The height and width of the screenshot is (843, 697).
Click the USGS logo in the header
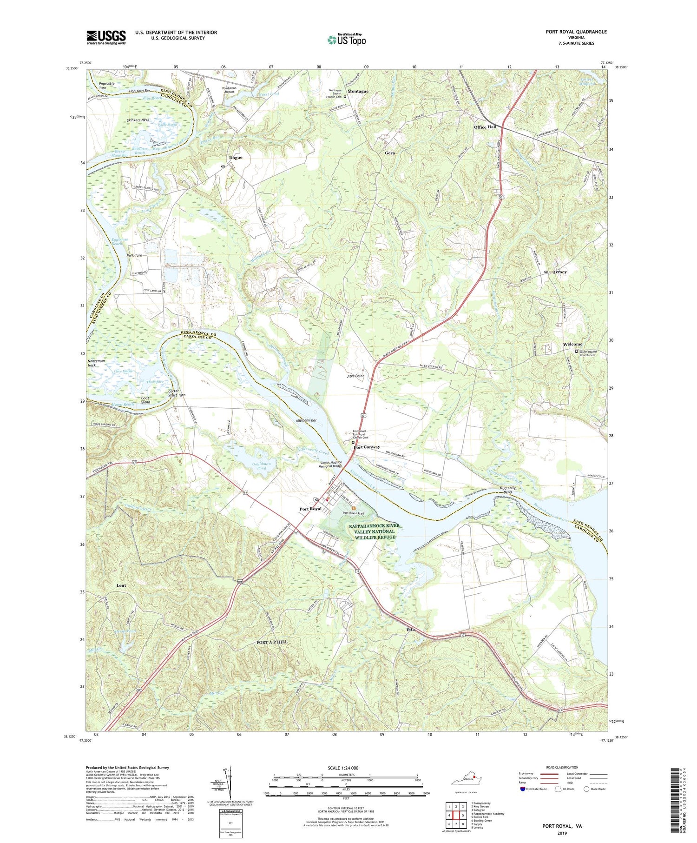(x=106, y=37)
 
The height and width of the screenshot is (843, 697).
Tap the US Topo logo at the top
(x=346, y=40)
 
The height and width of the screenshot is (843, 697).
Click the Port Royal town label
(x=310, y=509)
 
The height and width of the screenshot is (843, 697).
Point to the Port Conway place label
(x=367, y=447)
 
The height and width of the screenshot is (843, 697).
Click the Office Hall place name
(x=485, y=127)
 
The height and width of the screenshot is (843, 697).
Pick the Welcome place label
(x=572, y=344)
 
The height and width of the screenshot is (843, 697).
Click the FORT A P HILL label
(x=272, y=642)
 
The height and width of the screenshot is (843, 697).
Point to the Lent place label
(x=121, y=585)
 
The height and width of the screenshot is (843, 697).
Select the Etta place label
(x=410, y=630)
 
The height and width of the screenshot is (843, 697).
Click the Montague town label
(x=358, y=92)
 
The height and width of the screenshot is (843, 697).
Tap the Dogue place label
(x=236, y=158)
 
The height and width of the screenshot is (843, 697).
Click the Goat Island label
(x=145, y=400)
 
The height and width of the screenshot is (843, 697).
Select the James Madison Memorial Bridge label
(x=331, y=464)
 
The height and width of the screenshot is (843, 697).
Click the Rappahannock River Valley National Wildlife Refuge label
(x=374, y=531)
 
